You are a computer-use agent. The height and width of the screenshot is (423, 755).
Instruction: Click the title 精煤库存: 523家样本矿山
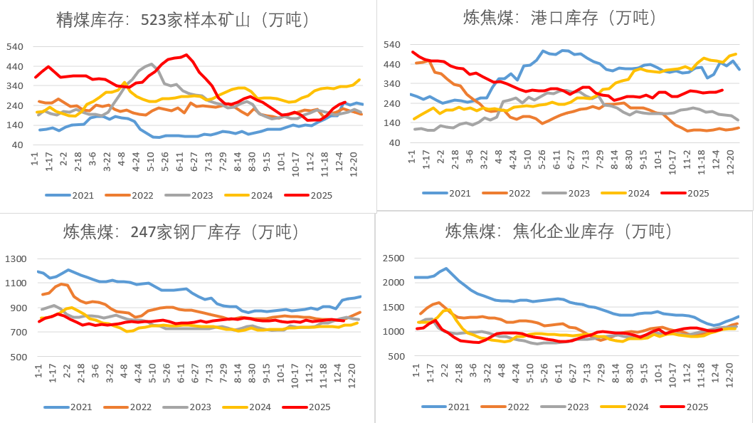pos(183,20)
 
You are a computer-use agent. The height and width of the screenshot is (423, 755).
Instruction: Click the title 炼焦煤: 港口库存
pos(559,17)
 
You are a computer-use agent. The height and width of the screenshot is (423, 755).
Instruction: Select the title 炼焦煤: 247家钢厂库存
pos(181,231)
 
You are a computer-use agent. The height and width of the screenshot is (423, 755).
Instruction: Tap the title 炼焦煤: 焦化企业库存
pos(559,231)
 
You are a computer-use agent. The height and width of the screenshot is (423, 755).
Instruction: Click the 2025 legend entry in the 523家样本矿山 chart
pos(309,194)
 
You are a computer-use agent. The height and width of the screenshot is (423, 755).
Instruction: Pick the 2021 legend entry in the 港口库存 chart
pos(450,193)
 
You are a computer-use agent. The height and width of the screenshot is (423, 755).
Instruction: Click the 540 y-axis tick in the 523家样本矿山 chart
pos(14,47)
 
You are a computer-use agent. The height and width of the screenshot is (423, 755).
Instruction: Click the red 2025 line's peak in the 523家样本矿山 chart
pos(186,55)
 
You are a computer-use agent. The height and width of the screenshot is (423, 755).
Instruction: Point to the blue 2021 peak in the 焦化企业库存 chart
pos(446,268)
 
